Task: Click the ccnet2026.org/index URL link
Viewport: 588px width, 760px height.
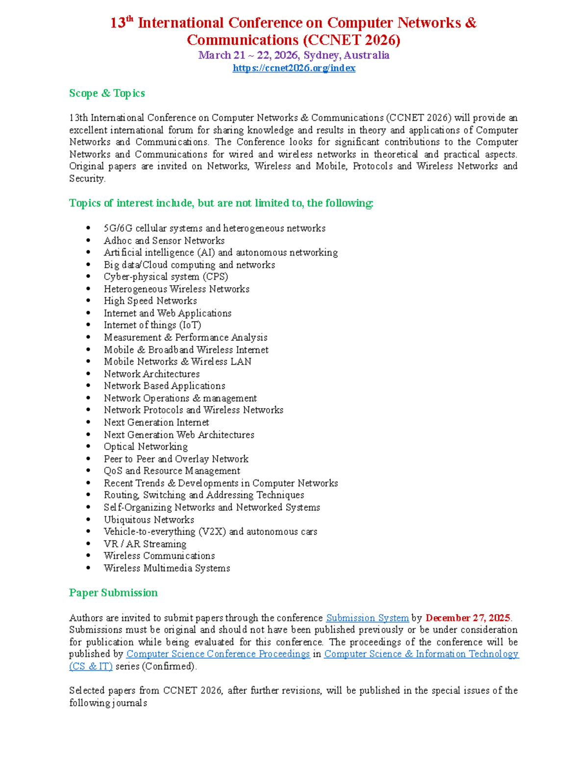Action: point(294,68)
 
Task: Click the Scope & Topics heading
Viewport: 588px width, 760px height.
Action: point(107,93)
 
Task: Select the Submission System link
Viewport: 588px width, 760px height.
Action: point(367,618)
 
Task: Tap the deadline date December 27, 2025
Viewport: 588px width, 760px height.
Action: point(467,618)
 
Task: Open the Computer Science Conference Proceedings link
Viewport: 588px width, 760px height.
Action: point(218,654)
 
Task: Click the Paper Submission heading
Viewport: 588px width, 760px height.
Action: point(113,593)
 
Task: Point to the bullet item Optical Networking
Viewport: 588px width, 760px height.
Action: point(146,446)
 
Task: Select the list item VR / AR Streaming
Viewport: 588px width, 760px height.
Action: point(145,544)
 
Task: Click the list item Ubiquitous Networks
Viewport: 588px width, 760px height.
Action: point(149,520)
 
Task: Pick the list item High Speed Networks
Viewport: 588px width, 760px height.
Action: point(150,300)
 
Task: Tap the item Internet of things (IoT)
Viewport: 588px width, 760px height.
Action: point(152,325)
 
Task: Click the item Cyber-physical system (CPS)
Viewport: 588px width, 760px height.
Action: point(166,276)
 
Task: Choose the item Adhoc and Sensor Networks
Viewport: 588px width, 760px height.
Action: point(164,240)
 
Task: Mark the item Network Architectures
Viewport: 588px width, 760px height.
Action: point(152,374)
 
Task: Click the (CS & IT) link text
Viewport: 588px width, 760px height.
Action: point(91,666)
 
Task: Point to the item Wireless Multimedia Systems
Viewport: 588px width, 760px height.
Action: point(167,568)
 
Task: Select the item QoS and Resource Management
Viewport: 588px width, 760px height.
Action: point(172,471)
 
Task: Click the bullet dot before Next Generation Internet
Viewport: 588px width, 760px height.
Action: point(88,422)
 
